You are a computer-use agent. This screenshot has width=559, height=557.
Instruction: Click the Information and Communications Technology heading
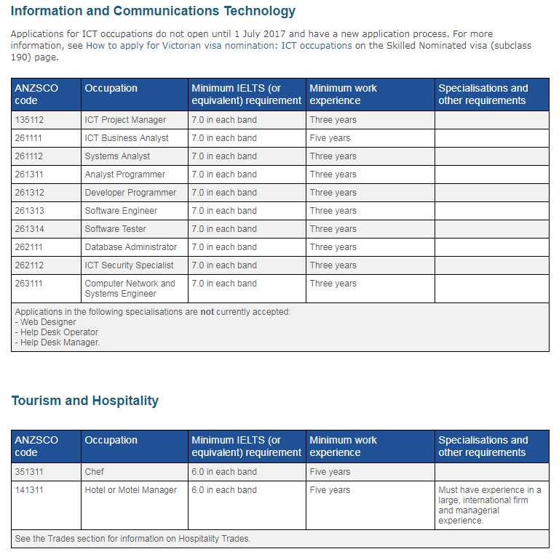click(x=153, y=11)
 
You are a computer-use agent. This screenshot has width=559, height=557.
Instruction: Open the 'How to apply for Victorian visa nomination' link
click(x=218, y=45)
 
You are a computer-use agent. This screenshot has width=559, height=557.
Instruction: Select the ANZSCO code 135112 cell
click(x=28, y=120)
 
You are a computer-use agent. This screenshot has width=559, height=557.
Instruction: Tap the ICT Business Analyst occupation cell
click(x=127, y=138)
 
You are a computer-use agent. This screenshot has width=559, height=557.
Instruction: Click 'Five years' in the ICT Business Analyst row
click(x=330, y=138)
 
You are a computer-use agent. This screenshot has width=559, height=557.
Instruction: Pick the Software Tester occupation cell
click(x=116, y=229)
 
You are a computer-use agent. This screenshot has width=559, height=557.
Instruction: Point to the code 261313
click(x=28, y=211)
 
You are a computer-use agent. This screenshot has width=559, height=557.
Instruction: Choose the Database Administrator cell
click(x=131, y=247)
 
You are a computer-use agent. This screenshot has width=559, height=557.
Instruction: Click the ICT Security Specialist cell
click(x=129, y=265)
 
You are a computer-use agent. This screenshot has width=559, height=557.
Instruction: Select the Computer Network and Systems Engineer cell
click(x=130, y=289)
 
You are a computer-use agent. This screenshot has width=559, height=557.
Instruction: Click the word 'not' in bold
click(x=207, y=312)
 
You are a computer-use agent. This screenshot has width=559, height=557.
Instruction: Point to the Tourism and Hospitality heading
click(x=84, y=401)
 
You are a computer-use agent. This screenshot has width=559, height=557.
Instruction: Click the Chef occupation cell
click(x=95, y=472)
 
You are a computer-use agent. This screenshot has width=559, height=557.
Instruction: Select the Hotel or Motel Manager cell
click(x=131, y=490)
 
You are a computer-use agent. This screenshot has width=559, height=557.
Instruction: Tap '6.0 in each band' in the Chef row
click(x=224, y=472)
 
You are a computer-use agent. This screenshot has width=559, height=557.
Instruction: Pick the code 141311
click(x=28, y=490)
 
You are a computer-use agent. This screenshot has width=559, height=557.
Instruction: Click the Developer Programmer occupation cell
click(x=130, y=193)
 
